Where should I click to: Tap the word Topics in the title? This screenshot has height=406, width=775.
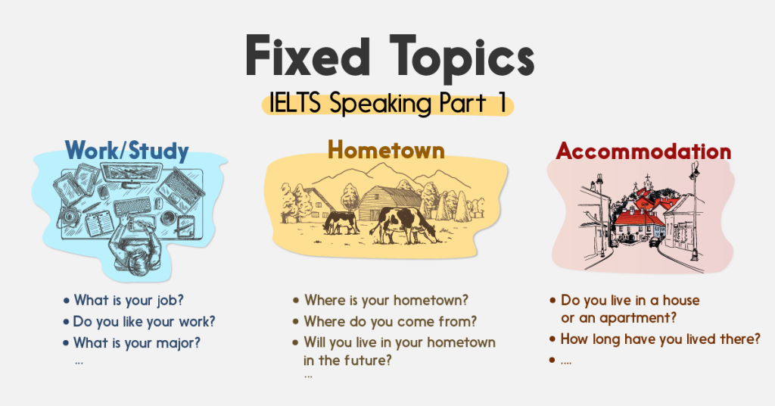(462, 59)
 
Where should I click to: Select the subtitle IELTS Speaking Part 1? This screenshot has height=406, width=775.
(388, 103)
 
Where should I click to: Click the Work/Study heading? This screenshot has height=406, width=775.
(127, 151)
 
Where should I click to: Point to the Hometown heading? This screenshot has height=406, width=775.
(386, 149)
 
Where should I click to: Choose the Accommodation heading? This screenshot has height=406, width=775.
(643, 151)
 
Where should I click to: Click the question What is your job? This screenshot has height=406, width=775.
(129, 300)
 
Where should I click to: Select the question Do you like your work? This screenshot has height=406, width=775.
(144, 321)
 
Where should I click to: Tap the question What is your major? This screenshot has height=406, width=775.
(137, 342)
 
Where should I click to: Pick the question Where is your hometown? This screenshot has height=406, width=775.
(386, 300)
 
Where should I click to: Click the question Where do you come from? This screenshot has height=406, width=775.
(390, 321)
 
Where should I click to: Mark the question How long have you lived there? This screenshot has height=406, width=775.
(660, 339)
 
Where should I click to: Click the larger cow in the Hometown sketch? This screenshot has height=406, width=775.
(403, 225)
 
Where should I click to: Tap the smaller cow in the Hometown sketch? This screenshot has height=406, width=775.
(340, 223)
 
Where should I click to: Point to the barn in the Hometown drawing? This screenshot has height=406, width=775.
(389, 203)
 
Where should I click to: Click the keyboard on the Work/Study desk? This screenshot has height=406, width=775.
(132, 207)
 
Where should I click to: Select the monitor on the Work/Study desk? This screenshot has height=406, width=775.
(132, 174)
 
